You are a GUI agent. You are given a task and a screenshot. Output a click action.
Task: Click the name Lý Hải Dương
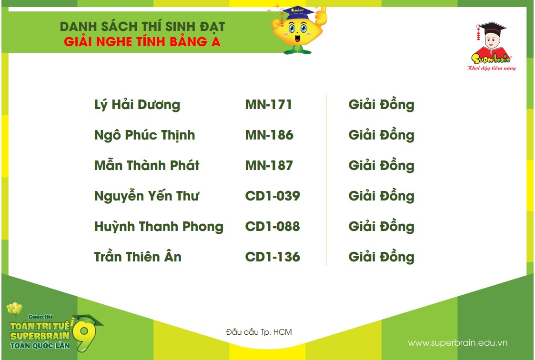(x=137, y=105)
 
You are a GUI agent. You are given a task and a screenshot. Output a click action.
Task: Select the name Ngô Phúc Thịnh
(x=144, y=136)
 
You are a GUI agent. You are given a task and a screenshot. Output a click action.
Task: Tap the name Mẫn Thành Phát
(x=147, y=166)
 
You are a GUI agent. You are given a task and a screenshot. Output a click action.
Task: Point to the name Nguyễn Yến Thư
(x=147, y=197)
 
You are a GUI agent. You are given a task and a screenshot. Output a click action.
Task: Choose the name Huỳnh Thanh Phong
(x=159, y=227)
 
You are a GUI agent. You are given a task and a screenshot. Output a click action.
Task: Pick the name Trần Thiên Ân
(x=138, y=257)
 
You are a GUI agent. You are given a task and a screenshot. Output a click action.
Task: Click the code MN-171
(x=269, y=105)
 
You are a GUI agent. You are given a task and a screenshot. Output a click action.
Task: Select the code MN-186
(x=269, y=135)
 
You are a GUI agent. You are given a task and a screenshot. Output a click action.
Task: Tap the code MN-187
(x=269, y=166)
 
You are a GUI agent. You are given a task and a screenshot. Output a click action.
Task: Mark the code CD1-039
(x=273, y=196)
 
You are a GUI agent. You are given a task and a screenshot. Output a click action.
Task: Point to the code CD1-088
(x=273, y=227)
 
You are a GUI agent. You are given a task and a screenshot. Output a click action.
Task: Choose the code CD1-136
(x=273, y=257)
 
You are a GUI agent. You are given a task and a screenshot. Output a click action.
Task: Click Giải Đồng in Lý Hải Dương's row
(x=381, y=105)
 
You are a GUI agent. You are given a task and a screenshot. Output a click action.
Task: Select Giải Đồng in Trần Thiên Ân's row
(x=381, y=258)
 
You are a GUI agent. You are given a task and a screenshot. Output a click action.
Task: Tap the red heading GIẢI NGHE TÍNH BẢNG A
(x=142, y=42)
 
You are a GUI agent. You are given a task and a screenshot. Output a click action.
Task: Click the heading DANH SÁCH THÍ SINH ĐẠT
(x=142, y=27)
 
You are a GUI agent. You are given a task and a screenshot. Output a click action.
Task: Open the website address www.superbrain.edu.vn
(x=458, y=343)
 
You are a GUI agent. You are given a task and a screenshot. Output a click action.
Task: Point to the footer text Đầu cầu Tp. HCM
(x=259, y=332)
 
